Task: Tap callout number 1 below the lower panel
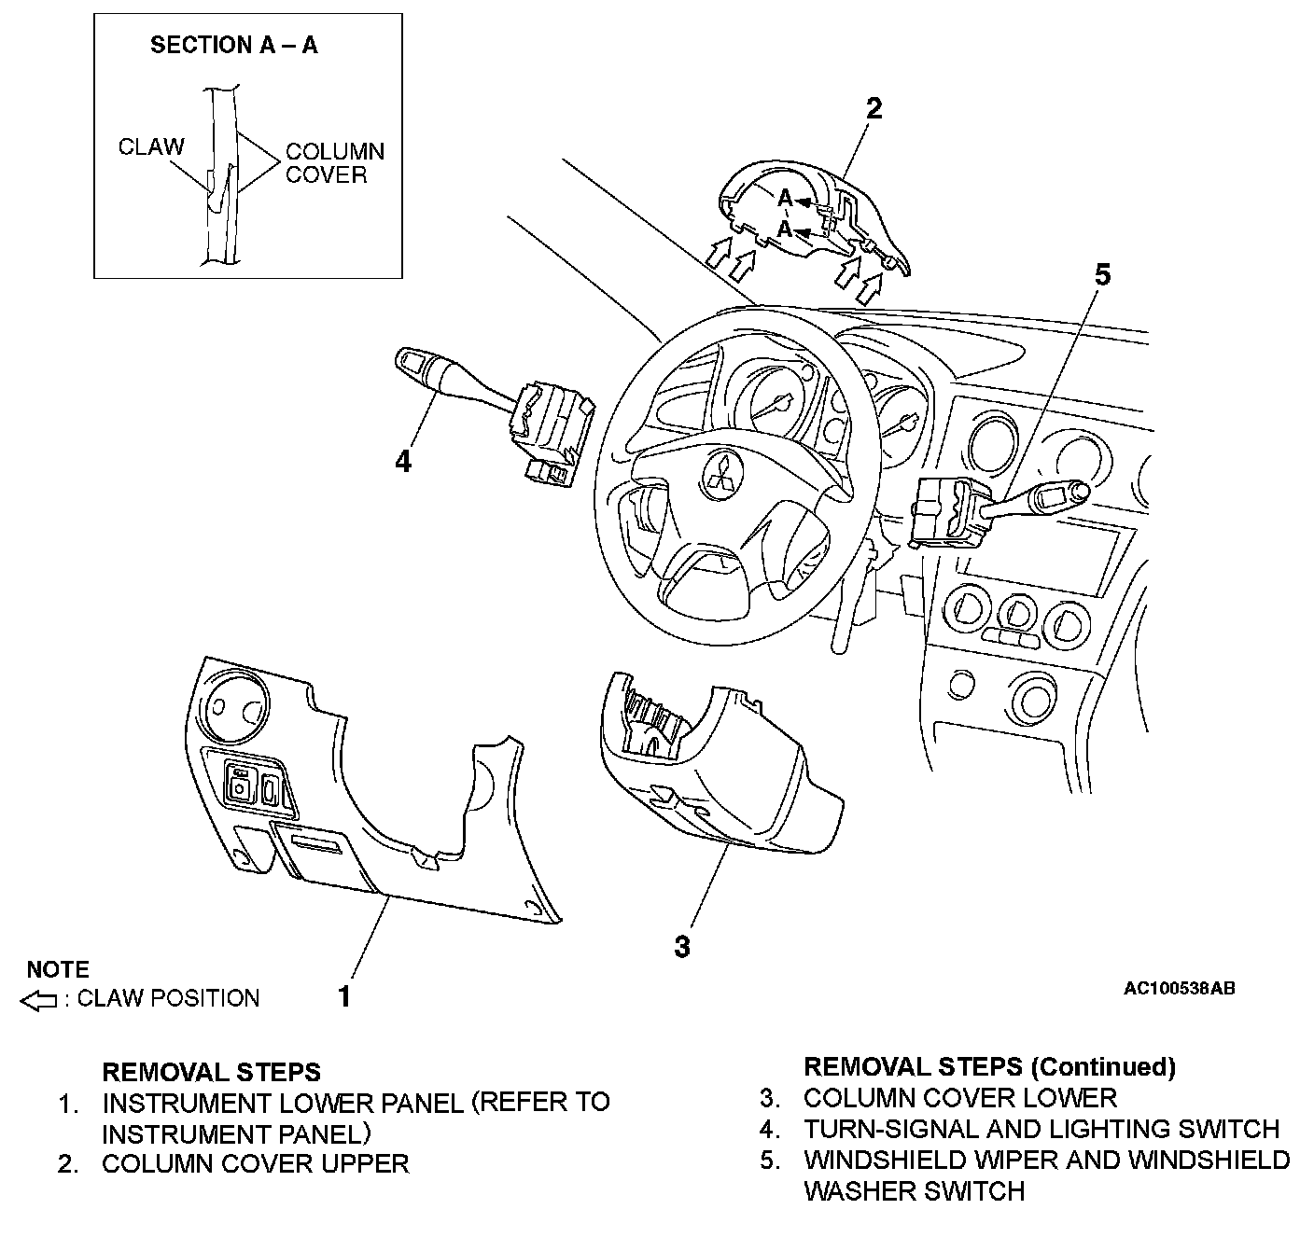[344, 996]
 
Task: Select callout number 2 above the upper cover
[874, 109]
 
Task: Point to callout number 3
[682, 946]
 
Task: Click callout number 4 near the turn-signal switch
[403, 461]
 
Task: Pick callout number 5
[1102, 275]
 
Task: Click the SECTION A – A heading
[234, 46]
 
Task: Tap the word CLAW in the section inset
[151, 146]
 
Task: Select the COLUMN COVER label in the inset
[334, 163]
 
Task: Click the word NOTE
[58, 969]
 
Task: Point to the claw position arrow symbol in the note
[39, 1001]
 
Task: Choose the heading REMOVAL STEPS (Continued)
[989, 1066]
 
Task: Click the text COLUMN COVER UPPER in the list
[255, 1164]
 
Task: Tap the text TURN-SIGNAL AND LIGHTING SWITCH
[1041, 1129]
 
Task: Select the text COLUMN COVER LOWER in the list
[959, 1098]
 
